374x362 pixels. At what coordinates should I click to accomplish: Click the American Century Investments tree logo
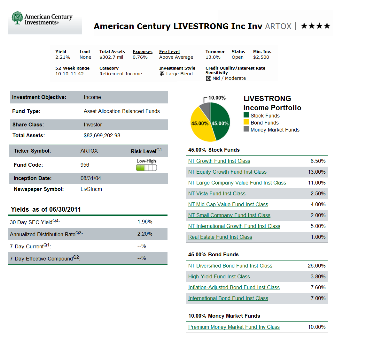click(x=17, y=18)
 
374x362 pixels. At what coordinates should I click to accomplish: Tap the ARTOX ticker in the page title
click(x=278, y=26)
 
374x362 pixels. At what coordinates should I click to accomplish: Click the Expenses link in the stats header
click(x=142, y=52)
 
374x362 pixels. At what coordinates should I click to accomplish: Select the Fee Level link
click(x=169, y=52)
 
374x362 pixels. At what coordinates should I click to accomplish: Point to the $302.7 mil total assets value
click(x=111, y=57)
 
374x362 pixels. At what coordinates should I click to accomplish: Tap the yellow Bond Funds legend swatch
click(x=246, y=122)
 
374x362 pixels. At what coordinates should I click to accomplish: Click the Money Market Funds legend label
click(x=275, y=130)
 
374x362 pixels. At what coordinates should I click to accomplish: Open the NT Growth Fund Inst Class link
click(x=219, y=161)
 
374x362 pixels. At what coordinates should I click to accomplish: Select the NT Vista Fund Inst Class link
click(x=217, y=194)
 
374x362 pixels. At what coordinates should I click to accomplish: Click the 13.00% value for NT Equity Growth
click(x=316, y=172)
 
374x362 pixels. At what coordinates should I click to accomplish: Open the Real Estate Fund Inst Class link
click(x=220, y=237)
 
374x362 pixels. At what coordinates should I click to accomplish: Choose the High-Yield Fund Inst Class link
click(x=219, y=277)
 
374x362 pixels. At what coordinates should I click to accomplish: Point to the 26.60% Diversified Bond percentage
click(x=316, y=266)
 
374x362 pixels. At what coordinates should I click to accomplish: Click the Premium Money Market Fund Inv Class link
click(x=234, y=327)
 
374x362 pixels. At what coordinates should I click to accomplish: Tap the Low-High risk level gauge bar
click(x=146, y=168)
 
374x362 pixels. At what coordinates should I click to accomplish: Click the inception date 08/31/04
click(x=90, y=178)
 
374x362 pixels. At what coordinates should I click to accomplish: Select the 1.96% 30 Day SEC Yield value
click(x=145, y=222)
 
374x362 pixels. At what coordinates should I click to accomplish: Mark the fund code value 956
click(x=85, y=165)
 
